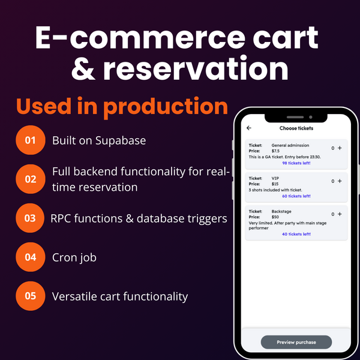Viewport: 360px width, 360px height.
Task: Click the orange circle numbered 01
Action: [x=31, y=140]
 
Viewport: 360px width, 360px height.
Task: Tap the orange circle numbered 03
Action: [x=30, y=218]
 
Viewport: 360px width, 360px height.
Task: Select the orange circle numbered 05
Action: [x=31, y=296]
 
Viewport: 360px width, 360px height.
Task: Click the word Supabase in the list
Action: [x=121, y=141]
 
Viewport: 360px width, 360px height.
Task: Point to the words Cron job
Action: [x=74, y=258]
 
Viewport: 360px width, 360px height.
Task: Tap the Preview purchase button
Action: [x=296, y=342]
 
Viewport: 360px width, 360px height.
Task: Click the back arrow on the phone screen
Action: [x=249, y=128]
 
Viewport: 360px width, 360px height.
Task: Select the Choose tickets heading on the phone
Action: [x=296, y=128]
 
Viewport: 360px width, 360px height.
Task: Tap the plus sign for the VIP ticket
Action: [x=340, y=181]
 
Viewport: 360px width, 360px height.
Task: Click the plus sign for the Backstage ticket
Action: [x=340, y=214]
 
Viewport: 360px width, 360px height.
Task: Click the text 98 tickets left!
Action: [x=296, y=163]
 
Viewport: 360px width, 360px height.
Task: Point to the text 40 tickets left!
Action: [x=296, y=234]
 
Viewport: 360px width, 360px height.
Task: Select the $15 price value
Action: [x=275, y=184]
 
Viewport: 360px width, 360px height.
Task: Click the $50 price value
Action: [x=275, y=217]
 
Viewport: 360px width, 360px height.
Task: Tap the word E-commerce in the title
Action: [x=140, y=38]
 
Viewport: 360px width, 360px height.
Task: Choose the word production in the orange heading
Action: [x=166, y=107]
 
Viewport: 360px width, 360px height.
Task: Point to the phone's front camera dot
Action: [x=311, y=117]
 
